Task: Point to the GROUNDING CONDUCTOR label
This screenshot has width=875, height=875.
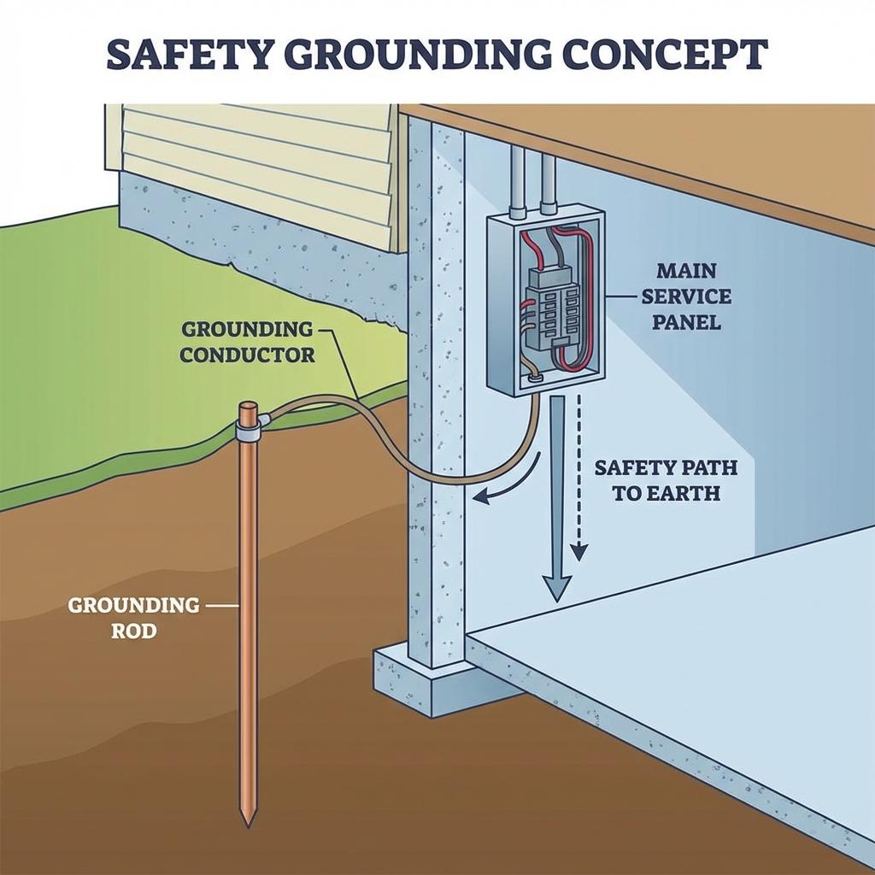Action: coord(248,341)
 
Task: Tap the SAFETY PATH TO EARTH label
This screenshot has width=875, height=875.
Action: coord(666,480)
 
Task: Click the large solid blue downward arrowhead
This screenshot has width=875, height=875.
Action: coord(556,588)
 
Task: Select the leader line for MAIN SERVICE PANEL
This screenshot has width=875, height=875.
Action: coord(624,297)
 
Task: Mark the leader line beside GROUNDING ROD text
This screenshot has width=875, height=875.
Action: coord(221,605)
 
